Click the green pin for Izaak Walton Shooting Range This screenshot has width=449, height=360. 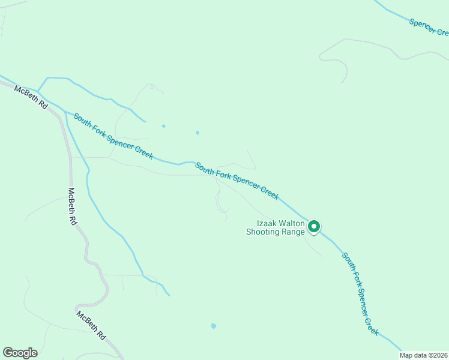pos(313,226)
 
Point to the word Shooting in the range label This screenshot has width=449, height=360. pos(263,232)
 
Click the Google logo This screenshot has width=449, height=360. pos(20,353)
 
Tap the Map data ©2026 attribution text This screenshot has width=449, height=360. pos(424,355)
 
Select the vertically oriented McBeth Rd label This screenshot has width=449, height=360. pos(72,207)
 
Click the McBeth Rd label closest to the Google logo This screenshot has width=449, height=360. pos(91,326)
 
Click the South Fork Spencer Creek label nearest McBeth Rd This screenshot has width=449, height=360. pos(113,136)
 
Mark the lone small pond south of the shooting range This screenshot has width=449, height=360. pos(213,326)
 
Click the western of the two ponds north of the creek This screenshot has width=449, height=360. pos(163,126)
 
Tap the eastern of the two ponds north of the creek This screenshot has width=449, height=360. pos(197,133)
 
